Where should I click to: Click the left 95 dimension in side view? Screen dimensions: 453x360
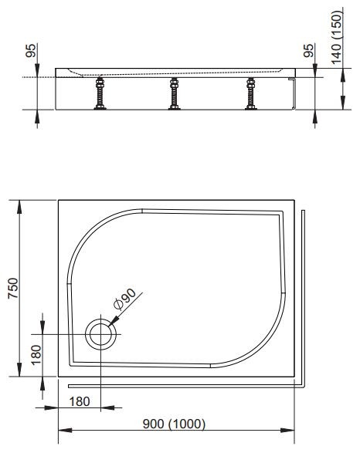tap(30, 52)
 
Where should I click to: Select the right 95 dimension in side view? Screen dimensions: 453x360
tap(308, 52)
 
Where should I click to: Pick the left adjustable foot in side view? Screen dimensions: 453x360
tap(99, 93)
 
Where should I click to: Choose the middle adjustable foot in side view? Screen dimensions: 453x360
tap(174, 93)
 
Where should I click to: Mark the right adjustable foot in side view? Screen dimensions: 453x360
tap(249, 93)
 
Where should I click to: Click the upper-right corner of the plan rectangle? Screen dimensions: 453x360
tap(294, 200)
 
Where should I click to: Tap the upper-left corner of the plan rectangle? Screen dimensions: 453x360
tap(59, 200)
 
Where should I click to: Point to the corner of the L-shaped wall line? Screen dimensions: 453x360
tap(304, 384)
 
